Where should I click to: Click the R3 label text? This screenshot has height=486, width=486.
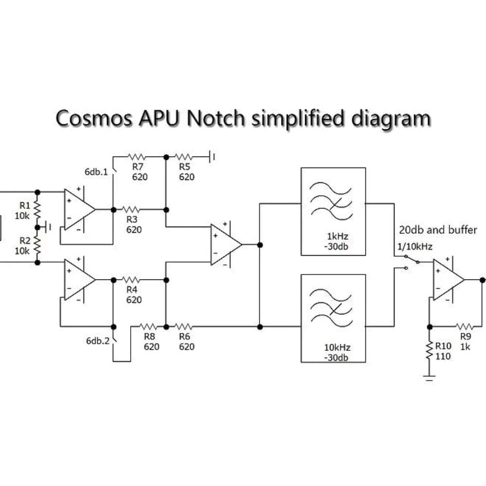132,220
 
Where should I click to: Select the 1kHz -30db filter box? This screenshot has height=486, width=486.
333,211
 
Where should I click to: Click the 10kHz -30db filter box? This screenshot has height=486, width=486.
333,318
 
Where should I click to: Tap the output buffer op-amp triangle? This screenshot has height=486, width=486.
447,279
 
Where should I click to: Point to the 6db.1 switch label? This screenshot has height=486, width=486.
96,172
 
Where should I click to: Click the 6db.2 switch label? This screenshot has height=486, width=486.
97,341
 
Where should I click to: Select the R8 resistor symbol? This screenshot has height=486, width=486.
149,326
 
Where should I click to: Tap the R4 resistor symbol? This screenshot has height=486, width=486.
131,279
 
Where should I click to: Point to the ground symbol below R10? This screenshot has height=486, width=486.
429,378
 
